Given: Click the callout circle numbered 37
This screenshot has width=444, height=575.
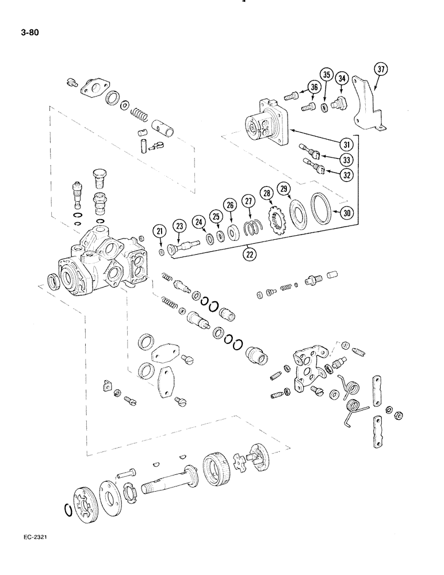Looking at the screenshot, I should tap(380, 70).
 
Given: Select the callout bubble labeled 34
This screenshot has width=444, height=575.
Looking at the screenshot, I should tap(342, 78).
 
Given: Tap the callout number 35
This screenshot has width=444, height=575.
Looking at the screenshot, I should tap(327, 75).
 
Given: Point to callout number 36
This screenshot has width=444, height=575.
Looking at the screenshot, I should tap(314, 87).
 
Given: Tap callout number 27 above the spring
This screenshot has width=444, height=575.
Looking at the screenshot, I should tap(248, 201).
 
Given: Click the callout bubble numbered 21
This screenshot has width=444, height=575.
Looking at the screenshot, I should tap(160, 232).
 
